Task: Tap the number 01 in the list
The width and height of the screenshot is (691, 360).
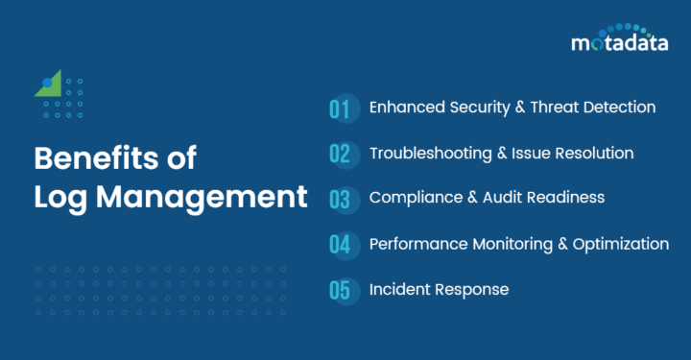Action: [x=340, y=108]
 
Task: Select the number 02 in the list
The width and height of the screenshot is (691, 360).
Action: [x=340, y=154]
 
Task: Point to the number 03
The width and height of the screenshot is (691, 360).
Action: [x=340, y=199]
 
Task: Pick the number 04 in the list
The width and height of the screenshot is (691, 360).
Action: [x=340, y=244]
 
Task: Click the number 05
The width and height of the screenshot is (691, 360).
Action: [x=340, y=289]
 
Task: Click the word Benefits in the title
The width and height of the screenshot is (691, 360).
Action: [x=85, y=158]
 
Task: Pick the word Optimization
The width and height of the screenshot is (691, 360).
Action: [x=623, y=244]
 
